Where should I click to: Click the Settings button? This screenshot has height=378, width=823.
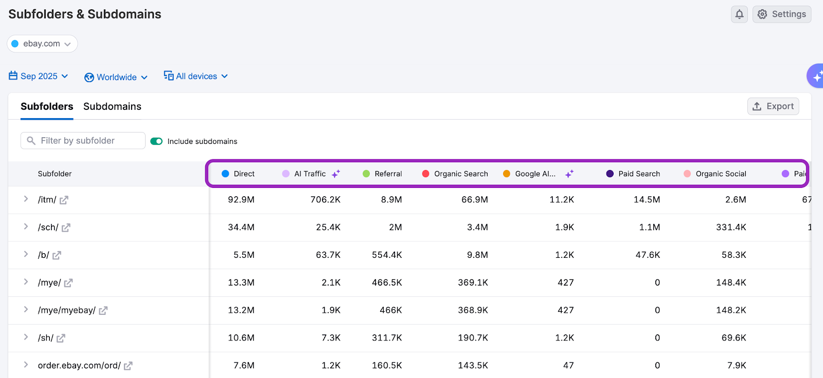coord(782,14)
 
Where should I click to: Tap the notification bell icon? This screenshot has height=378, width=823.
coord(739,14)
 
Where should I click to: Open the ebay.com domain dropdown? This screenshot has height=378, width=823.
coord(42,44)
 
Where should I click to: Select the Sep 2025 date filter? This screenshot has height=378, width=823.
coord(39,76)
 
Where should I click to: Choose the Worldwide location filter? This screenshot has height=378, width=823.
coord(116,77)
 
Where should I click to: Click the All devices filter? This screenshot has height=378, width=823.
coord(195,76)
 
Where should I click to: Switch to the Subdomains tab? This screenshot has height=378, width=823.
coord(112,106)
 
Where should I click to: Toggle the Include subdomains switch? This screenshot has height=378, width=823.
coord(156,141)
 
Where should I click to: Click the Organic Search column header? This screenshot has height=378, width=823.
coord(460,174)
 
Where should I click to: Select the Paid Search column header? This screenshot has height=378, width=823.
coord(639,174)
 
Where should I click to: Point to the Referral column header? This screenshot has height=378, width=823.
coord(388,174)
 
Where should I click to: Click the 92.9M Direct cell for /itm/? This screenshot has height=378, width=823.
coord(241,200)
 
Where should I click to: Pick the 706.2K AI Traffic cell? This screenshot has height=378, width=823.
coord(325,200)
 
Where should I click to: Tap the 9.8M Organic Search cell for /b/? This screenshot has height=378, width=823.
coord(477,255)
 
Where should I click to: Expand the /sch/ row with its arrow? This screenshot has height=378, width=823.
coord(26,227)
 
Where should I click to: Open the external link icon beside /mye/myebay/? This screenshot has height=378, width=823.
coord(103,311)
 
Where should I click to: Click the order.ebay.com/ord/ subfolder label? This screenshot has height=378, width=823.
coord(79,366)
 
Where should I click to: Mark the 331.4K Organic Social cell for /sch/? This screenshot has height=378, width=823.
coord(731,228)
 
